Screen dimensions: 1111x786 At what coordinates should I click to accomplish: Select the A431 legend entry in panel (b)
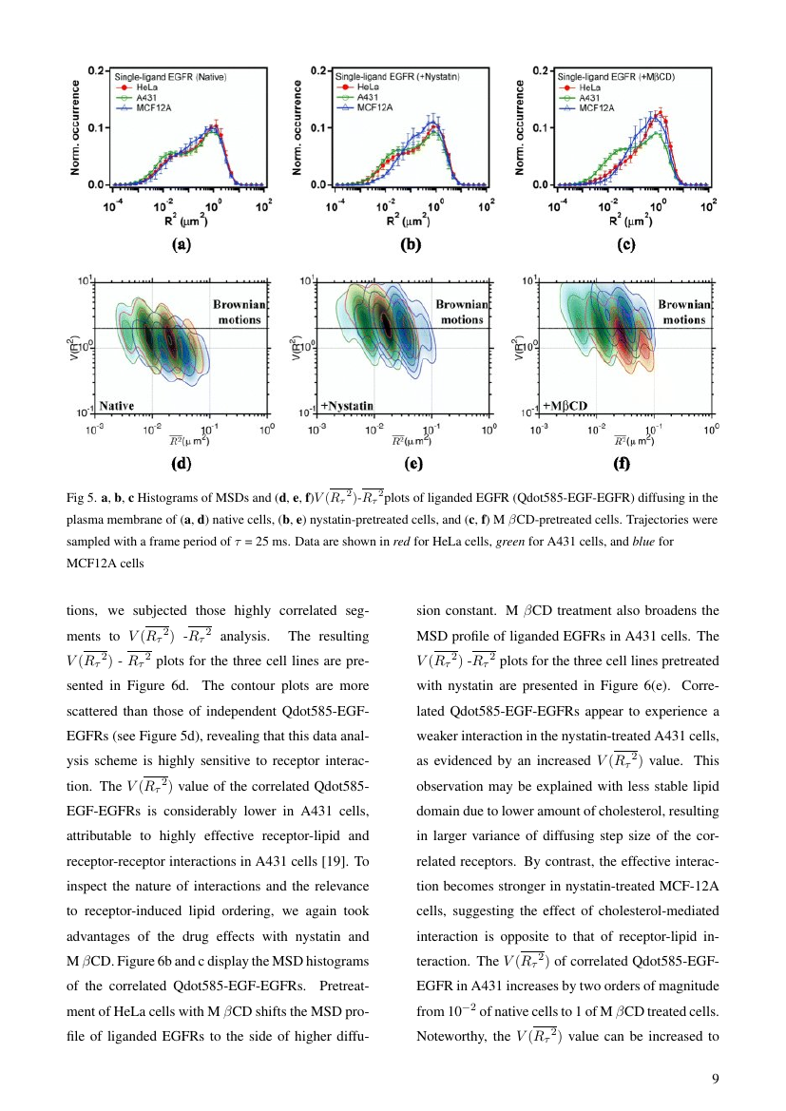tap(365, 97)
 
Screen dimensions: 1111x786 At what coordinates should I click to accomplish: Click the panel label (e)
tap(412, 466)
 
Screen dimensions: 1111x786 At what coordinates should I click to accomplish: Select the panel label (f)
tap(625, 466)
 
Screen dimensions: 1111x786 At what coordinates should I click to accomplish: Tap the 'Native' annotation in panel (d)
tap(117, 406)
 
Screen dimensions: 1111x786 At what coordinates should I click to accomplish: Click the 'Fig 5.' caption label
tap(82, 497)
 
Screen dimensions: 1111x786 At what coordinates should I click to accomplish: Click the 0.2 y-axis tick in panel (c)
tap(538, 70)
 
